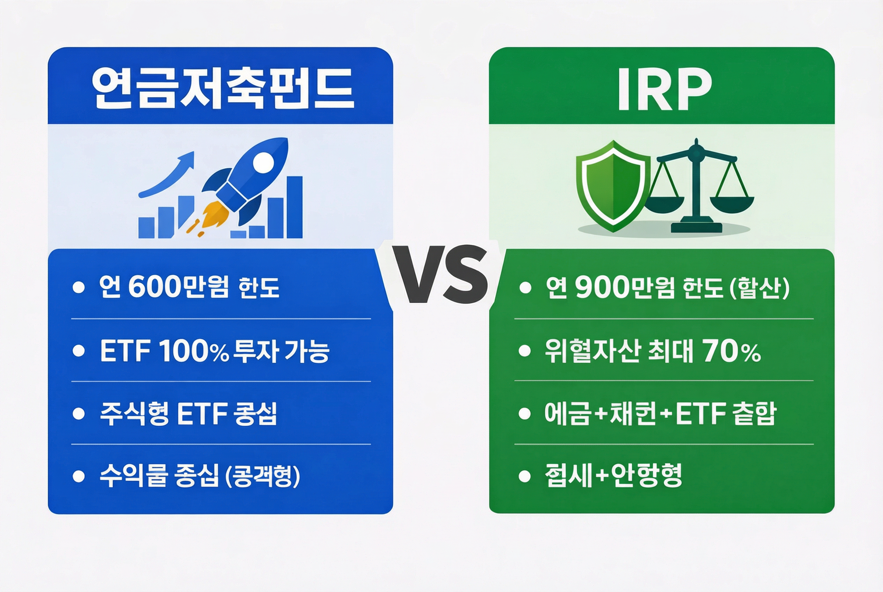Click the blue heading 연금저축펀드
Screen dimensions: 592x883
pos(222,89)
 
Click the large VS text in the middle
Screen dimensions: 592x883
pos(440,274)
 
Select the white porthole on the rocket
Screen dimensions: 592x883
pos(263,162)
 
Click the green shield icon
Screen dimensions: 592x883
pos(612,185)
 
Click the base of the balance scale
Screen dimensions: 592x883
pos(696,227)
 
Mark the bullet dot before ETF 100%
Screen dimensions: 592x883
pos(79,351)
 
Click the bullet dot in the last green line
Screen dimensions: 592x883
pos(524,476)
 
